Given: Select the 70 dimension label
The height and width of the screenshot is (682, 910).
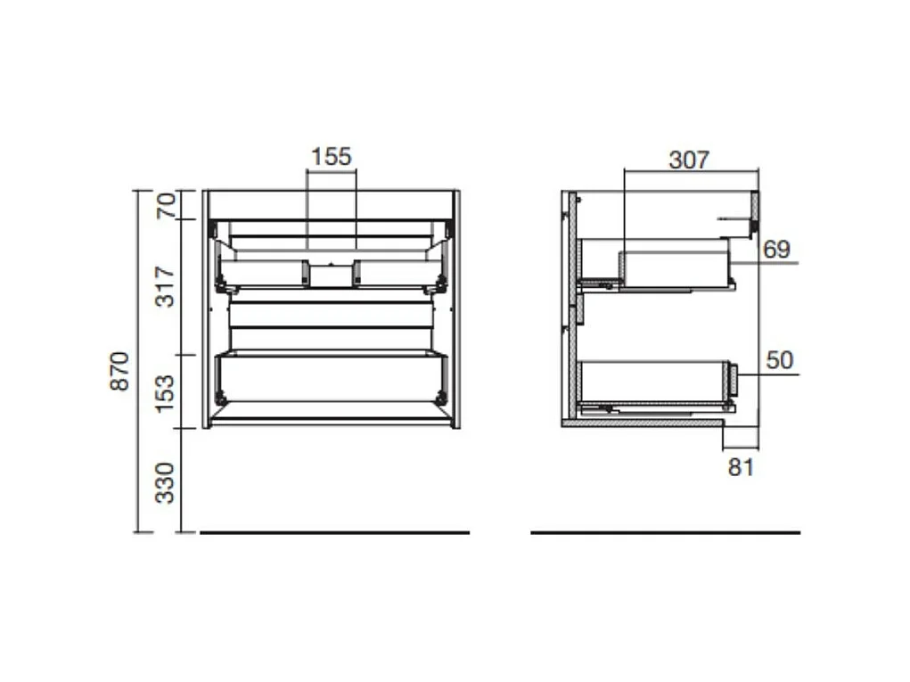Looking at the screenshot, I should pyautogui.click(x=166, y=206).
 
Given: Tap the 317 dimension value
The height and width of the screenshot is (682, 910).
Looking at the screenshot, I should pyautogui.click(x=166, y=286).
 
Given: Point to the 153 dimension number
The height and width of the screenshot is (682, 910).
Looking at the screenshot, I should pyautogui.click(x=166, y=392).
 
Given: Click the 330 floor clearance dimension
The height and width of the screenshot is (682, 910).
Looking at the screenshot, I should pyautogui.click(x=166, y=482).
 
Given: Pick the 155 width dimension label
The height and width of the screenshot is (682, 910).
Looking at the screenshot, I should pyautogui.click(x=331, y=157).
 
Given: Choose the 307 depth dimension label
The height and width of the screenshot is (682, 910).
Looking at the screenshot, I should pyautogui.click(x=689, y=160).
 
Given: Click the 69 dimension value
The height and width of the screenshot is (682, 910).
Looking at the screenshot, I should pyautogui.click(x=776, y=250).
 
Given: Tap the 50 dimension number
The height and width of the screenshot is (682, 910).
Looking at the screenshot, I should pyautogui.click(x=779, y=361).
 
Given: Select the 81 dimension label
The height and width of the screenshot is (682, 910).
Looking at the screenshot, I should pyautogui.click(x=741, y=466).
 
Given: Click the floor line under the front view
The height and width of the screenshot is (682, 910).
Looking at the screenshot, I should pyautogui.click(x=334, y=532).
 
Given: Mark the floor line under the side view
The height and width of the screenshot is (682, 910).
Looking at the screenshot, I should pyautogui.click(x=665, y=532).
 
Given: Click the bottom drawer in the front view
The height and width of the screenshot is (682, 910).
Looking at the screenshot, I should pyautogui.click(x=331, y=378).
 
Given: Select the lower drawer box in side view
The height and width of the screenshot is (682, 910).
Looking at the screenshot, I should pyautogui.click(x=653, y=382).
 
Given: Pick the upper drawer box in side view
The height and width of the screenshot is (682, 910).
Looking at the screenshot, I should pyautogui.click(x=675, y=269).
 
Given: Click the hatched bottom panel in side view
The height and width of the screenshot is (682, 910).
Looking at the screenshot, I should pyautogui.click(x=642, y=423).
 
